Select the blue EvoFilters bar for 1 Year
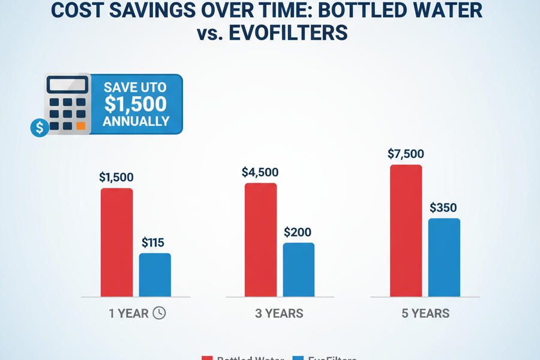[155, 274]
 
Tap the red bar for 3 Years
[260, 239]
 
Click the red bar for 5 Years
[406, 230]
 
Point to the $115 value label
[153, 243]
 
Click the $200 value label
[298, 232]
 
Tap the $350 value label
[443, 208]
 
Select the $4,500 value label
[260, 172]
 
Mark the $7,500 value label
[406, 154]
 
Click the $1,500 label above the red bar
[116, 178]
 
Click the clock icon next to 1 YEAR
[159, 313]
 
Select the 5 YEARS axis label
[425, 314]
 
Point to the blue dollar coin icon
[40, 127]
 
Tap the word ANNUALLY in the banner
[136, 121]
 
